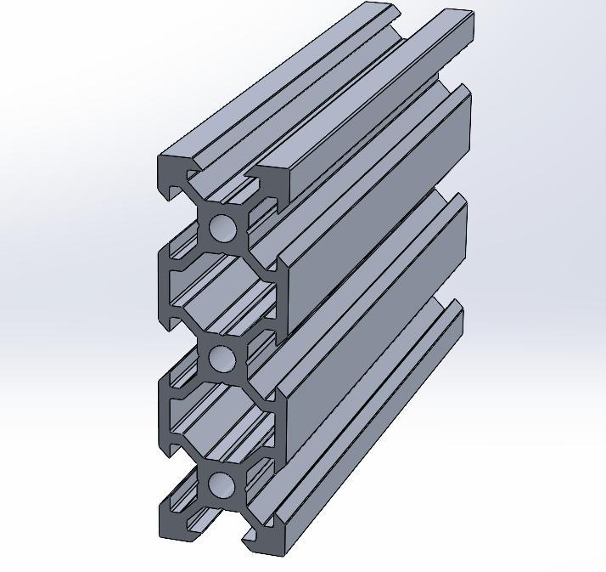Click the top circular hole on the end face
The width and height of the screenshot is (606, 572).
(x=222, y=228)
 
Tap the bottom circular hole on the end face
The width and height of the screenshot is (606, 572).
(x=222, y=485)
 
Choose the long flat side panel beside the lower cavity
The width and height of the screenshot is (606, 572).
(x=373, y=340)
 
